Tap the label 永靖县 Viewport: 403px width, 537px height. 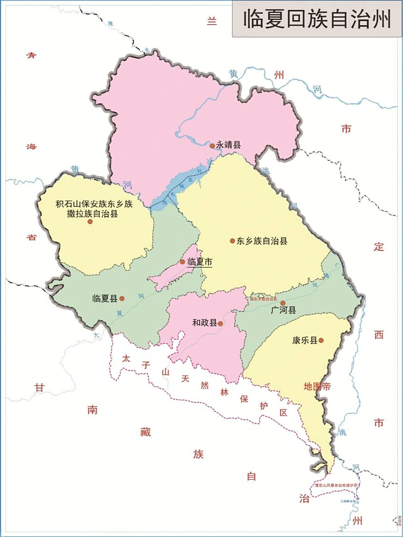click(x=228, y=145)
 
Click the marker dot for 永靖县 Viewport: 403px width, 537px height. click(x=212, y=146)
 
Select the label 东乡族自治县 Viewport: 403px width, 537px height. click(x=262, y=241)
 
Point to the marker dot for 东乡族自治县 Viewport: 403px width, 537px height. click(x=232, y=241)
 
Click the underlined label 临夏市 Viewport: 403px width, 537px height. click(x=200, y=262)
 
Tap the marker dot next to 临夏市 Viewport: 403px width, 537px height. click(x=182, y=262)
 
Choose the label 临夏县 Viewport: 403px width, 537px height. click(x=105, y=299)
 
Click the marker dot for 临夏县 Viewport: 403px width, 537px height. click(x=122, y=299)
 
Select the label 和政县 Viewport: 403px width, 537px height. click(x=205, y=323)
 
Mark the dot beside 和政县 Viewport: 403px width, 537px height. click(x=221, y=323)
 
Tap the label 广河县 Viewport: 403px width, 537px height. click(x=284, y=310)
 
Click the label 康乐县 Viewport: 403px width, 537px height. click(x=305, y=340)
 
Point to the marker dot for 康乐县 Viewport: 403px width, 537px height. click(x=321, y=340)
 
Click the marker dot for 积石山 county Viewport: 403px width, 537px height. click(x=90, y=221)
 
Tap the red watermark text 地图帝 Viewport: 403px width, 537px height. click(x=317, y=386)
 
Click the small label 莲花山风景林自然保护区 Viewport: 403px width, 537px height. click(x=336, y=485)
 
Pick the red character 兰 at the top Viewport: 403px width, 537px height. click(x=212, y=21)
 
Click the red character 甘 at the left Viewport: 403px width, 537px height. click(x=39, y=388)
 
